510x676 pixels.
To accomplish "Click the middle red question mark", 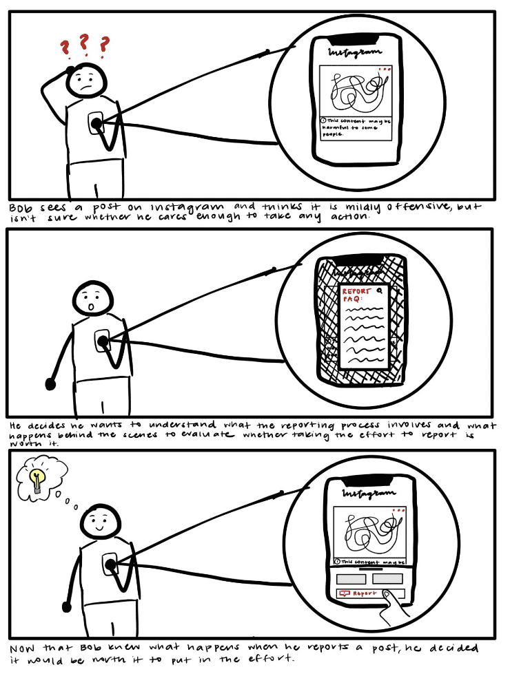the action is point(83,43).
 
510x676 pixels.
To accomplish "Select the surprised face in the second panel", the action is point(92,300).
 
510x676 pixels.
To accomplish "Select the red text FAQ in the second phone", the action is point(352,302).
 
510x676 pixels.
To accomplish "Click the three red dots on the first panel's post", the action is point(384,69).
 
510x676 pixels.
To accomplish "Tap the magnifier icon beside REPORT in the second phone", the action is point(378,291).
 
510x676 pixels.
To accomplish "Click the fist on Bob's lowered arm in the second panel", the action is point(50,383).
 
